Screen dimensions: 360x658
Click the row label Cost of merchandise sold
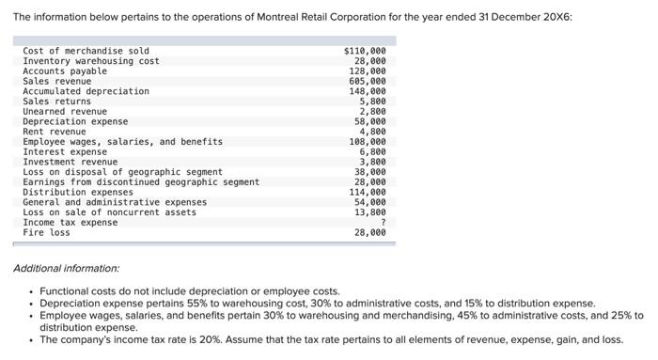pyautogui.click(x=86, y=51)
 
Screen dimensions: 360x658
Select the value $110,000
pyautogui.click(x=365, y=51)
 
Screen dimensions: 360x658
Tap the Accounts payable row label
pyautogui.click(x=65, y=70)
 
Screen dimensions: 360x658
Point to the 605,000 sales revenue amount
pyautogui.click(x=368, y=81)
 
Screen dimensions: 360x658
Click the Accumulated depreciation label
pyautogui.click(x=86, y=91)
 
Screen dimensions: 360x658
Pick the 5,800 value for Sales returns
pyautogui.click(x=372, y=101)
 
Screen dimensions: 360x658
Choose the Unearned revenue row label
pyautogui.click(x=65, y=111)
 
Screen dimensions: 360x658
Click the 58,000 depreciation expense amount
pyautogui.click(x=370, y=121)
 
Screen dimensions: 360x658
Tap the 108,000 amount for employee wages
pyautogui.click(x=368, y=142)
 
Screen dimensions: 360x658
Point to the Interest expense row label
pyautogui.click(x=65, y=151)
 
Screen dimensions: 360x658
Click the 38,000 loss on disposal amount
pyautogui.click(x=370, y=172)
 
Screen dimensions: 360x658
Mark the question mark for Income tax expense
pyautogui.click(x=383, y=222)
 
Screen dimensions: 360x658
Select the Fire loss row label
pyautogui.click(x=47, y=232)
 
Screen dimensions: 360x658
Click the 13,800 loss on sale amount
pyautogui.click(x=370, y=212)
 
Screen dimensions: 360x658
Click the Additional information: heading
pyautogui.click(x=66, y=269)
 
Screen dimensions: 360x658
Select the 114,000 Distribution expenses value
pyautogui.click(x=368, y=192)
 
